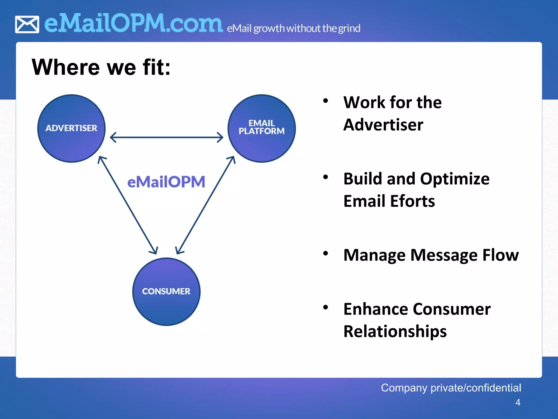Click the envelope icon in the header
pyautogui.click(x=27, y=25)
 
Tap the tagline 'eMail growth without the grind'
pyautogui.click(x=293, y=28)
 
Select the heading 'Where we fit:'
pyautogui.click(x=101, y=67)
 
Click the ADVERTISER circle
pyautogui.click(x=71, y=128)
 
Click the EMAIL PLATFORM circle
pyautogui.click(x=262, y=128)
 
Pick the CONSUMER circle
pyautogui.click(x=166, y=292)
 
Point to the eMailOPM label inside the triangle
pyautogui.click(x=166, y=182)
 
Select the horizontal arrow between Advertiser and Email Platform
pyautogui.click(x=166, y=137)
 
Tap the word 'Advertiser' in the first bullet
pyautogui.click(x=383, y=125)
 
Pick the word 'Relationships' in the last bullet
pyautogui.click(x=395, y=331)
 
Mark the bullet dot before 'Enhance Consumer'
pyautogui.click(x=325, y=307)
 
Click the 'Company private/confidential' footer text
pyautogui.click(x=451, y=388)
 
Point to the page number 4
pyautogui.click(x=518, y=402)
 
